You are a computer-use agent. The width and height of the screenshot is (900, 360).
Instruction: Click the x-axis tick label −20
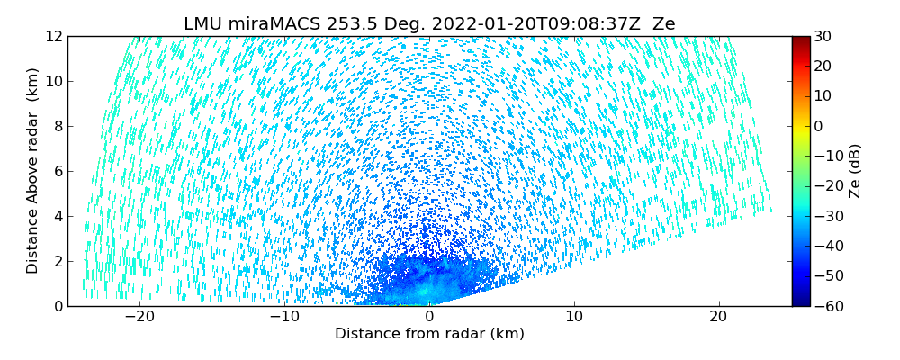[x=139, y=318]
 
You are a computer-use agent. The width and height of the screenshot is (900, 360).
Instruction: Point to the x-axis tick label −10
[x=284, y=318]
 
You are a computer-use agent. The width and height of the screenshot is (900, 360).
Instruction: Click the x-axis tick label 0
[x=429, y=318]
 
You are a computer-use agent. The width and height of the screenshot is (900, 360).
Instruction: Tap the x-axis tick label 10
[x=574, y=318]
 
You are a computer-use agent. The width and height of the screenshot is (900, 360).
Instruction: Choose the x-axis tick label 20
[x=719, y=318]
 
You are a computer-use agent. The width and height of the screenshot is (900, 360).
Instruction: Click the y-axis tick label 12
[x=53, y=37]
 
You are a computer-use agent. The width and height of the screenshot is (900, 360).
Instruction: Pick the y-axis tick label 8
[x=57, y=127]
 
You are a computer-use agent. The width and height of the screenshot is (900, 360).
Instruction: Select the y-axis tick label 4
[x=57, y=217]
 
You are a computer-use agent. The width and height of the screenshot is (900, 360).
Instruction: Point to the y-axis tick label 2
[x=57, y=262]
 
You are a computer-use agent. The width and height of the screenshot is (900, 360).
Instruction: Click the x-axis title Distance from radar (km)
[x=429, y=334]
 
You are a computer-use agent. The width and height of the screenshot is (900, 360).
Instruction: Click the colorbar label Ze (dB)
[x=855, y=171]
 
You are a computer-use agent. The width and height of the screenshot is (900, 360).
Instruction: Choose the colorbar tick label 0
[x=819, y=127]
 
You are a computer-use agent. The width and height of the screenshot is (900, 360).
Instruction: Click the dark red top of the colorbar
[x=800, y=40]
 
